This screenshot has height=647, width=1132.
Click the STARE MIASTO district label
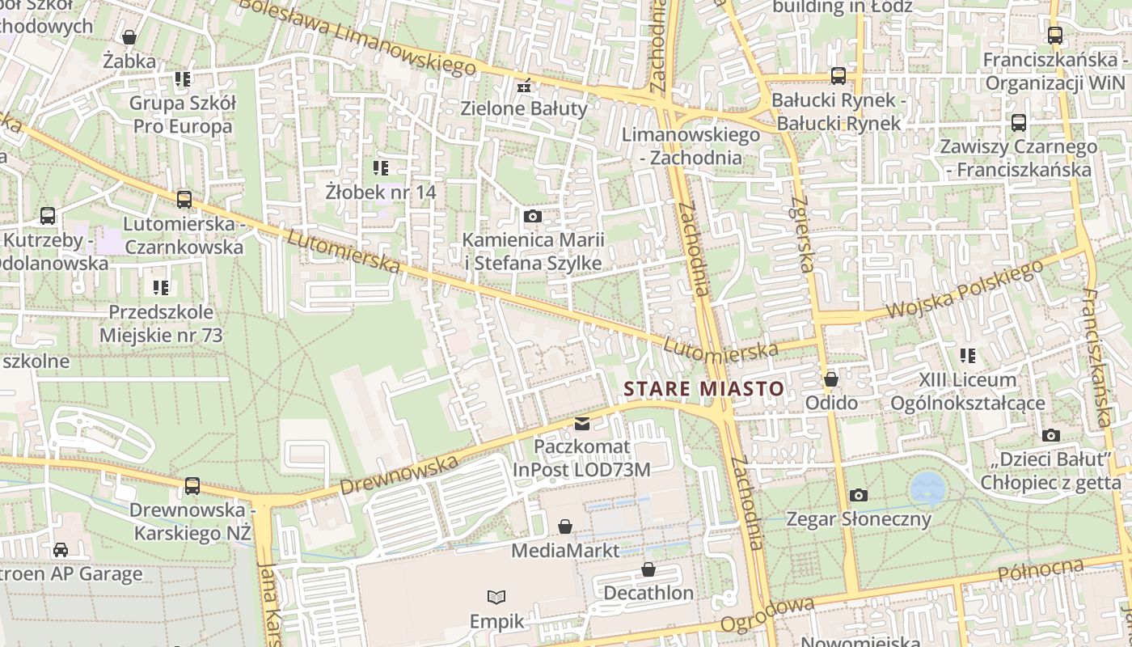tap(703, 389)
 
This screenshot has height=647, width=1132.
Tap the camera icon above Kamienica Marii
tap(532, 216)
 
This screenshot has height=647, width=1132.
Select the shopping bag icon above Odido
tap(830, 379)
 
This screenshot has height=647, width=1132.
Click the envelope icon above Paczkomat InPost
tap(581, 423)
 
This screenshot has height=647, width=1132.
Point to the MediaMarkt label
tap(565, 551)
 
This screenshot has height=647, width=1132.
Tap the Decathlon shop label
tap(648, 593)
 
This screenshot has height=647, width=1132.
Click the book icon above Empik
tap(496, 597)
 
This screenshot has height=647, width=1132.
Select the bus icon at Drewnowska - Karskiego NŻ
tap(192, 485)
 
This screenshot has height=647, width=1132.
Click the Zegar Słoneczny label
tap(859, 518)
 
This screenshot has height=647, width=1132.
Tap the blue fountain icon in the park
tap(927, 488)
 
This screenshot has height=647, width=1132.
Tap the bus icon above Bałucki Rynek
tap(838, 76)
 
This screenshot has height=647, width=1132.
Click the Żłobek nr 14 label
tap(381, 192)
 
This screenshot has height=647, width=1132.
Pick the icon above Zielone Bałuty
tap(524, 84)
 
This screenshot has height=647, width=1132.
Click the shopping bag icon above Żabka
tap(129, 36)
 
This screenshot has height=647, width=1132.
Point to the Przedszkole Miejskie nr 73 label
tap(161, 323)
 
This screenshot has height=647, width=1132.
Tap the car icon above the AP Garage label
tap(61, 550)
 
